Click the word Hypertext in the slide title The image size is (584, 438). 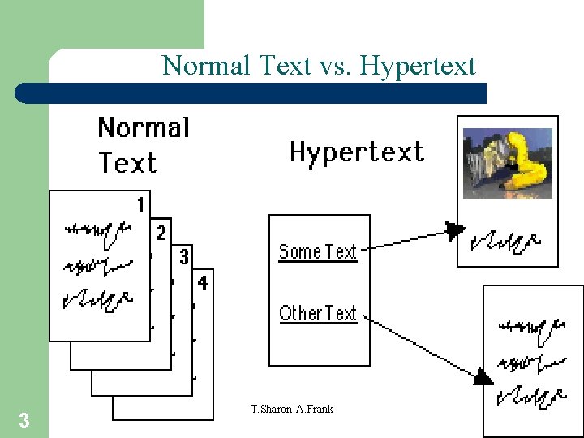click(x=418, y=66)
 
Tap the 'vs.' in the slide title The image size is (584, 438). click(x=332, y=66)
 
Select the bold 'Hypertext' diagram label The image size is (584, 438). click(x=357, y=152)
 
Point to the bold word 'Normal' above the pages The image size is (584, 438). click(x=144, y=128)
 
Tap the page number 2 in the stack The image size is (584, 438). click(x=161, y=233)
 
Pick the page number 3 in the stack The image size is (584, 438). click(x=183, y=257)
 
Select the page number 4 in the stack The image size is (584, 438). click(x=203, y=282)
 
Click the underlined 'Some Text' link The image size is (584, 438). click(x=317, y=252)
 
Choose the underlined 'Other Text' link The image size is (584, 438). click(x=317, y=313)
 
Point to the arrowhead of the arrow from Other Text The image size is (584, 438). click(x=483, y=377)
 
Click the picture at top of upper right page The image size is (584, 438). click(x=507, y=162)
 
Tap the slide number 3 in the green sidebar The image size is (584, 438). click(x=24, y=420)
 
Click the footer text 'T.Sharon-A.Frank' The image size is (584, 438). click(x=292, y=409)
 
